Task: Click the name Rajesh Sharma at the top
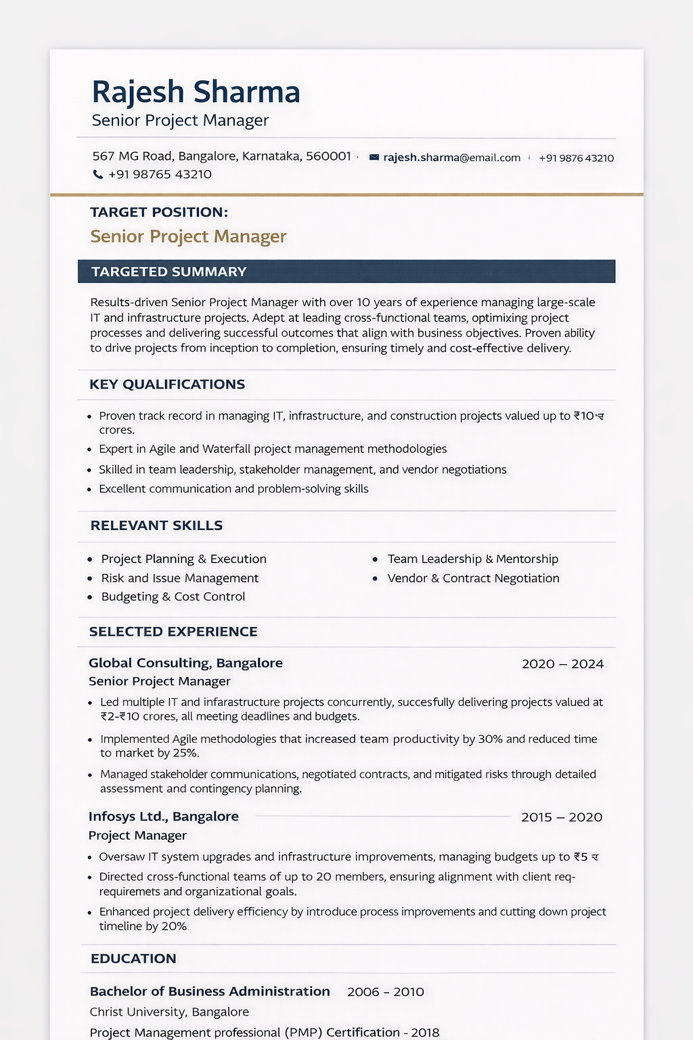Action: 196,92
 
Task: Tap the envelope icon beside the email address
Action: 374,158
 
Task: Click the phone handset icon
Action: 98,175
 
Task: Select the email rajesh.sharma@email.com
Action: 451,158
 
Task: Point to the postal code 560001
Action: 328,156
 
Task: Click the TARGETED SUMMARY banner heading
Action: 169,272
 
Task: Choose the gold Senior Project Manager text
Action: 188,236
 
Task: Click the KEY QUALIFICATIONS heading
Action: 167,385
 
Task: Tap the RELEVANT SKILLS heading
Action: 156,525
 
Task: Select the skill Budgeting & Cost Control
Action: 173,597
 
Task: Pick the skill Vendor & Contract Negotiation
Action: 473,578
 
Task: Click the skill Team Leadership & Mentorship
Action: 472,559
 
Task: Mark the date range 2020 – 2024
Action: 562,664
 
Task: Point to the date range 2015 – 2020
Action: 562,817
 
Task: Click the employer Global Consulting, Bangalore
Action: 185,664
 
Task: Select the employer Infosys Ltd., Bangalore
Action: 164,817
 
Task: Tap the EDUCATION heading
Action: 133,959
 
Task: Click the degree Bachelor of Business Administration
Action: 210,991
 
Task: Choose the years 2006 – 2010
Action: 386,992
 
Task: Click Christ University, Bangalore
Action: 169,1012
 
